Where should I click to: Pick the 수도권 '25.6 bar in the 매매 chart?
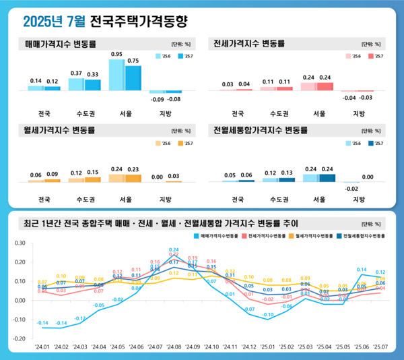click(x=76, y=84)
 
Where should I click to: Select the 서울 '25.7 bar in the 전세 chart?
click(x=325, y=86)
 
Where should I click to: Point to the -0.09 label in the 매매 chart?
click(x=157, y=100)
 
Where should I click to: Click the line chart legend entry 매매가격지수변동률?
click(x=217, y=236)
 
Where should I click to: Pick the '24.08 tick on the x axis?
click(x=174, y=348)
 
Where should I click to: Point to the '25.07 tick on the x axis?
click(x=380, y=348)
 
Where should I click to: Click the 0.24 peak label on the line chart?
click(x=174, y=250)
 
